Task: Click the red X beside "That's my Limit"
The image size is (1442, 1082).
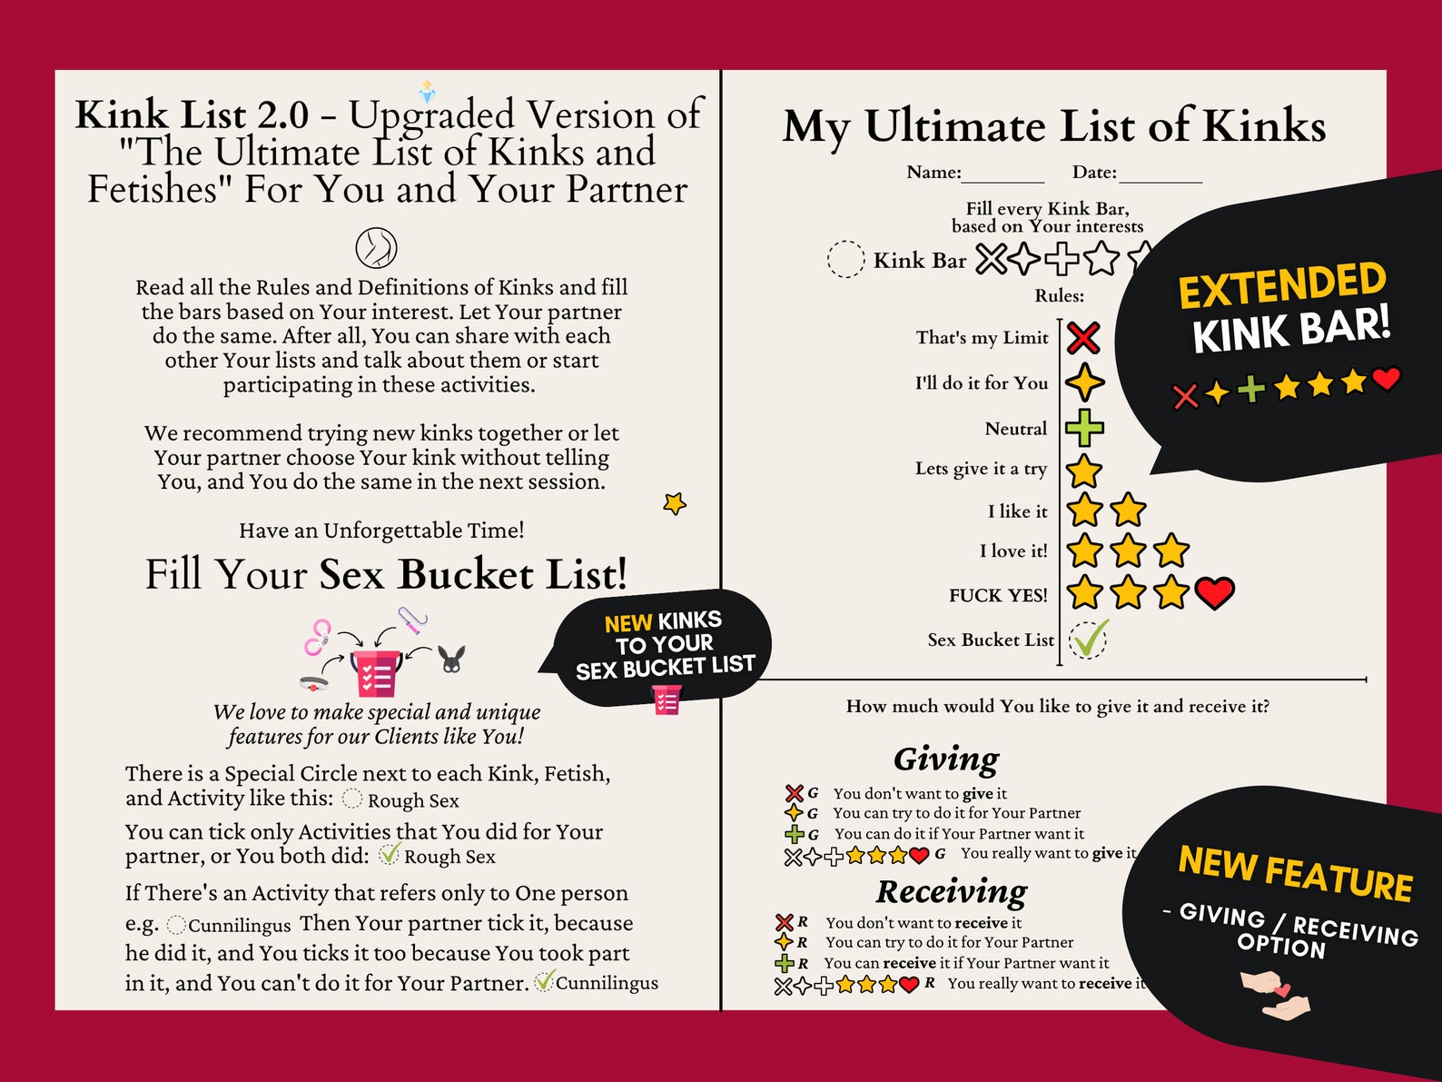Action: (x=1082, y=338)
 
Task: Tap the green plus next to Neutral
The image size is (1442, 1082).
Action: (x=1084, y=428)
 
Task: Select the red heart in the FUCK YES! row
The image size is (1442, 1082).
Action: (x=1214, y=592)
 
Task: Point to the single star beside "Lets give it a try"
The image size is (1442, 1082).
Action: (x=1083, y=471)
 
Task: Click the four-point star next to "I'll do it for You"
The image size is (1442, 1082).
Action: (x=1084, y=382)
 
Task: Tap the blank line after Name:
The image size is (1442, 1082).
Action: (x=1002, y=175)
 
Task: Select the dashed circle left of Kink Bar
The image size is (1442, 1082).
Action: (x=845, y=259)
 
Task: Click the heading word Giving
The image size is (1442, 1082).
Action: (x=945, y=759)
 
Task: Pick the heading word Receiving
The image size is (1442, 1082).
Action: (x=952, y=891)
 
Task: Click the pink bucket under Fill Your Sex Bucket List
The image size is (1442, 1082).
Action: (x=376, y=672)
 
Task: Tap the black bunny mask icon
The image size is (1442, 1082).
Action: (x=452, y=659)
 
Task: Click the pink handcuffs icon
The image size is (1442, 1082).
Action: (x=317, y=637)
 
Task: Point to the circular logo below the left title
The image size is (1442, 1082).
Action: (x=376, y=247)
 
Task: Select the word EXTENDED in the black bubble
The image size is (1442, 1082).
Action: (x=1281, y=285)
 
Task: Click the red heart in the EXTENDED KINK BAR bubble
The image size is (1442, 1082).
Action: (x=1386, y=378)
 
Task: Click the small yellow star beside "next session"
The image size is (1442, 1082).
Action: (x=675, y=502)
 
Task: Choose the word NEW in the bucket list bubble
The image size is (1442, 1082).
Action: (x=627, y=623)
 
